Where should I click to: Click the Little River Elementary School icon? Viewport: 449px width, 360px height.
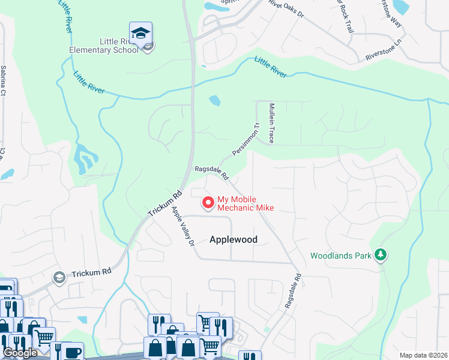coord(140,34)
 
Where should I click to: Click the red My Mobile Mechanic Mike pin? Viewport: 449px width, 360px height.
coord(208,203)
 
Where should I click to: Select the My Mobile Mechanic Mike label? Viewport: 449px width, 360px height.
coord(245,203)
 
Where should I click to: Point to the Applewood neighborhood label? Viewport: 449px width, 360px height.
coord(234,239)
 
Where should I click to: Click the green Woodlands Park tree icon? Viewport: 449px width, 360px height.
coord(380,255)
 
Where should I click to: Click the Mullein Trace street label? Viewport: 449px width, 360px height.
coord(271,122)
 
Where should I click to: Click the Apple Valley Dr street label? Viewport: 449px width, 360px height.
coord(183,227)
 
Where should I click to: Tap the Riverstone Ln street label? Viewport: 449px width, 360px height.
coord(382,52)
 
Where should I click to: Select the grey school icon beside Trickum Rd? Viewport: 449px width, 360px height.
coord(59,277)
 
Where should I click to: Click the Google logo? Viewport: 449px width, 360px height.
coord(20,353)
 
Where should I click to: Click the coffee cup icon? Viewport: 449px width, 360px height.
coord(73,352)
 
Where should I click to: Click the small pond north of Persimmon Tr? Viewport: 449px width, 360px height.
coord(214,100)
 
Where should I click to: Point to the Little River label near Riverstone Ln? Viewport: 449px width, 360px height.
coord(271,67)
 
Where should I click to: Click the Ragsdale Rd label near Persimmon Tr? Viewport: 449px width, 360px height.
coord(212,173)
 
